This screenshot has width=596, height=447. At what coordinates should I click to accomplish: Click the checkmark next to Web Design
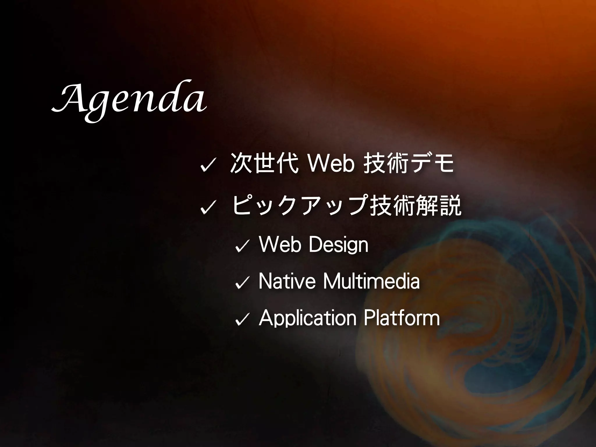tap(242, 246)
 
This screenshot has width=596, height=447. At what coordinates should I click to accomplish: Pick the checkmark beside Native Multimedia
tap(242, 283)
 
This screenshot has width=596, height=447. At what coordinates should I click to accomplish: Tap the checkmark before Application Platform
tap(242, 319)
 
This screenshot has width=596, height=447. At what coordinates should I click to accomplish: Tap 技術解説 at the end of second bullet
tap(416, 205)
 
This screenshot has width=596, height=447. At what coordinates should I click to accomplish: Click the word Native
tap(287, 281)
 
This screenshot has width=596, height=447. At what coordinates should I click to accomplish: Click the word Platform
tap(402, 318)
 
